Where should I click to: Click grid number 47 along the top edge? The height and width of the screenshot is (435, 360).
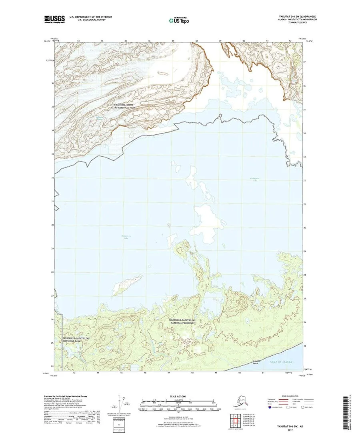pos(173,41)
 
